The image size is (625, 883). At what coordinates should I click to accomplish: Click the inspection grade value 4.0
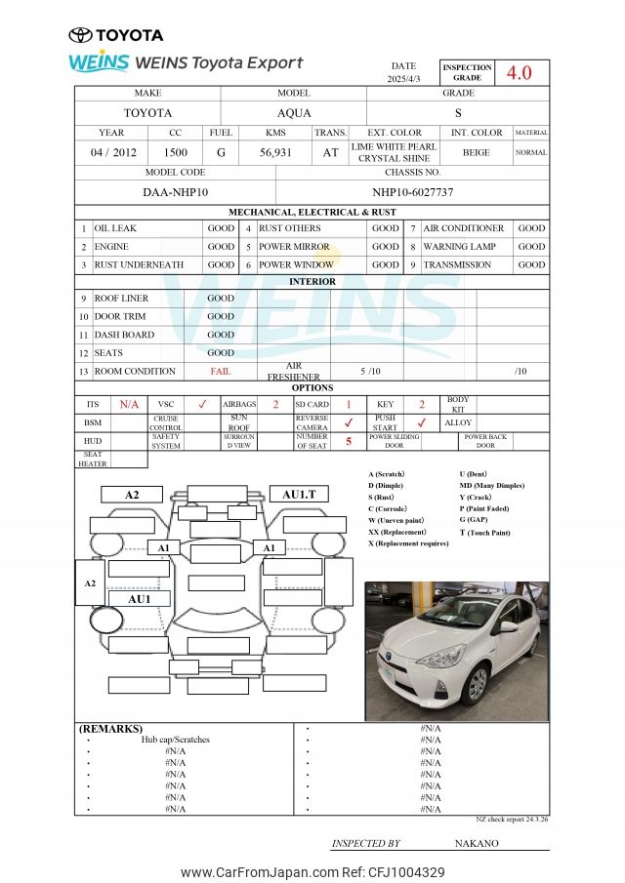(x=518, y=73)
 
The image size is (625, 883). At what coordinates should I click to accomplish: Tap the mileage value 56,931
(x=275, y=152)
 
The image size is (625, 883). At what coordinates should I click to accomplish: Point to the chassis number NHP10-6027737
(x=412, y=192)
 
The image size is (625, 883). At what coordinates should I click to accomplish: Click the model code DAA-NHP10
(x=174, y=192)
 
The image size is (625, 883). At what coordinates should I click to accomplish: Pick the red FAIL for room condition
(x=221, y=372)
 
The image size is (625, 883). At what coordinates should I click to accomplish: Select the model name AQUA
(x=294, y=113)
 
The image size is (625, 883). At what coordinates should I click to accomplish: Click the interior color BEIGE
(x=477, y=152)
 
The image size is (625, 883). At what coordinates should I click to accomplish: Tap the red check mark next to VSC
(x=202, y=404)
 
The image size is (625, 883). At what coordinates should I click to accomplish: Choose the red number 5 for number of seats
(x=349, y=441)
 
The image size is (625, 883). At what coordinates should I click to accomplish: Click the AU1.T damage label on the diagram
(x=299, y=495)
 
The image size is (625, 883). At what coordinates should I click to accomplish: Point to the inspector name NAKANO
(x=477, y=843)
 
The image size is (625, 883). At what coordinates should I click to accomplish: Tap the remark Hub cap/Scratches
(x=175, y=740)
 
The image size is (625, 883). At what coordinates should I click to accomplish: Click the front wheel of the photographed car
(x=477, y=683)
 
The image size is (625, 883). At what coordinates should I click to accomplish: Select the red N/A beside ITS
(x=129, y=404)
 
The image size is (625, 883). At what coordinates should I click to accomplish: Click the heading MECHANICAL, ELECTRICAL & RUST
(x=312, y=212)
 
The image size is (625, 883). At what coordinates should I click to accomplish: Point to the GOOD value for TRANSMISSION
(x=531, y=264)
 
